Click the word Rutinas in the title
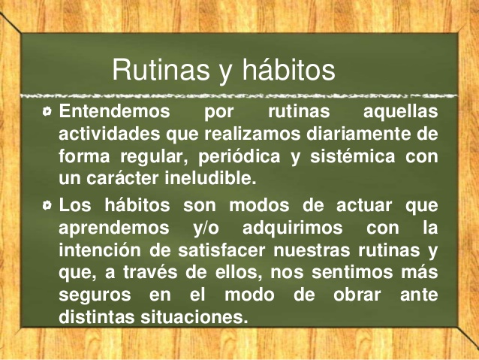tap(161, 70)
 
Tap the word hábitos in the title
tap(289, 69)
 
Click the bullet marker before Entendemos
tap(47, 112)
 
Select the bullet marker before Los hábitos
tap(47, 205)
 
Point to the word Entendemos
tap(114, 110)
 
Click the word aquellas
tap(400, 112)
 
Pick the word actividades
tap(110, 134)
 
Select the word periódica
tap(239, 156)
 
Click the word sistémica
tap(353, 156)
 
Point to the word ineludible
tap(210, 178)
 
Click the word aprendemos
tap(114, 228)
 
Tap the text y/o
tap(206, 228)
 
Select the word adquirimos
tap(293, 228)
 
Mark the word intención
tap(101, 250)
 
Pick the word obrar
tap(357, 295)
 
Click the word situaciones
tap(194, 317)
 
